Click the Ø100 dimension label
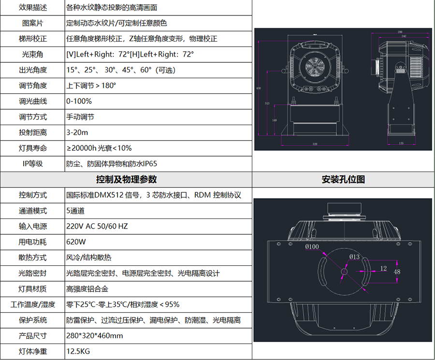(312, 247)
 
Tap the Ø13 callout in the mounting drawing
(354, 256)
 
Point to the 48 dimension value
(397, 272)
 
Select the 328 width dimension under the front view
(315, 144)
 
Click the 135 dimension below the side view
(401, 144)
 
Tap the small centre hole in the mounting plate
(344, 272)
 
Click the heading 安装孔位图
(343, 179)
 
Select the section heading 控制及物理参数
(127, 179)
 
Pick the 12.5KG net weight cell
(78, 351)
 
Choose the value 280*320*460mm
(94, 336)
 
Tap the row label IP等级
(33, 164)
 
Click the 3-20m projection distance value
(76, 132)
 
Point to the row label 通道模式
(33, 211)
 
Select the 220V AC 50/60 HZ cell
(97, 226)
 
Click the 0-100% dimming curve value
(79, 101)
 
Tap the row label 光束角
(33, 54)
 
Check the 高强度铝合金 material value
(87, 289)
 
